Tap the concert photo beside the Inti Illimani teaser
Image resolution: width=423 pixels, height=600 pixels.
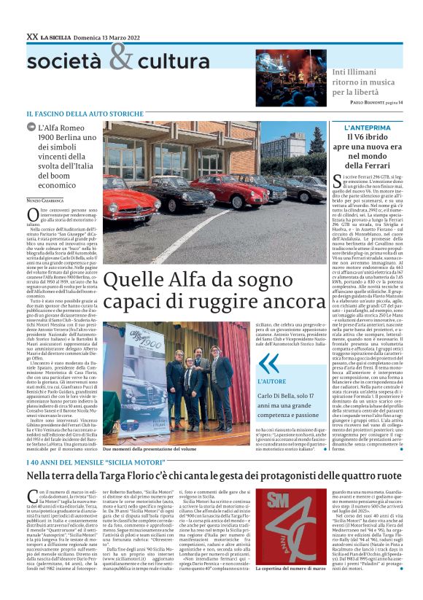[x=290, y=78]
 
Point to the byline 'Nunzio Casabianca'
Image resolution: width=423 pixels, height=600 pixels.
[x=44, y=199]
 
